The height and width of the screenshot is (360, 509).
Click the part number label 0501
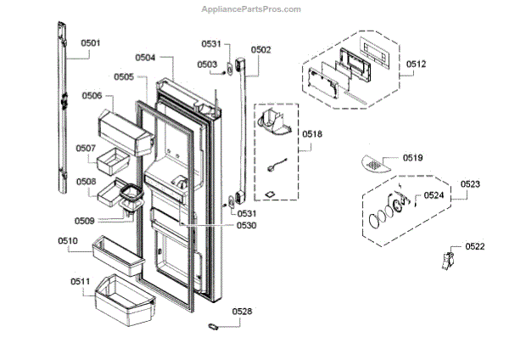(90, 42)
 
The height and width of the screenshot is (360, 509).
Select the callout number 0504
(145, 58)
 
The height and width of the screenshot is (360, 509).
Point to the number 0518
(312, 133)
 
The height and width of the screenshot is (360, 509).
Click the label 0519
(413, 158)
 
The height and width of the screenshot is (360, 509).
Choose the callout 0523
(471, 183)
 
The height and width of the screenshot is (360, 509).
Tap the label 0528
(242, 312)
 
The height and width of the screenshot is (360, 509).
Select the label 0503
(207, 64)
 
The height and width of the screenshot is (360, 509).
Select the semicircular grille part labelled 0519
(376, 162)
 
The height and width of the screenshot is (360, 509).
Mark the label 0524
(433, 196)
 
